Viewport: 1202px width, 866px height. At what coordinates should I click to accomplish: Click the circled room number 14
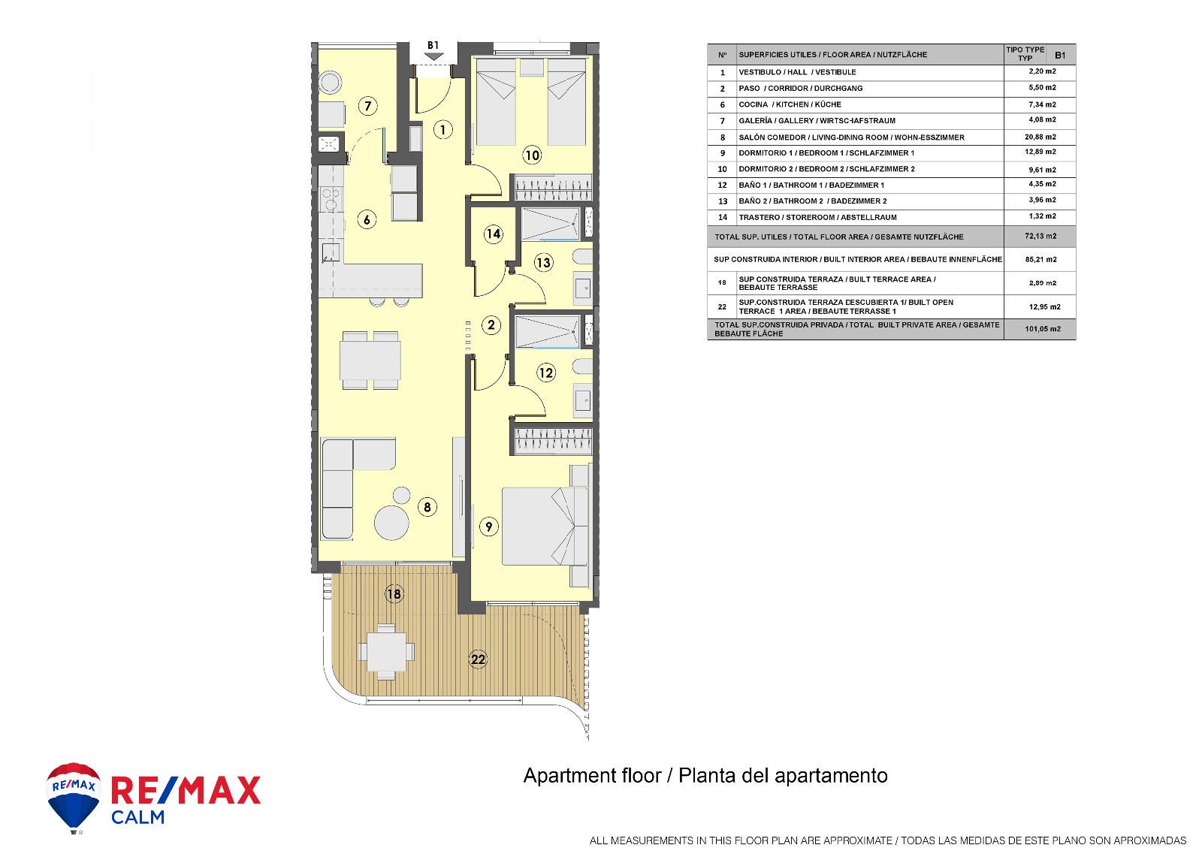pos(493,234)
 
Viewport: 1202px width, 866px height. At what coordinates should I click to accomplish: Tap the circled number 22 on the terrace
pos(478,659)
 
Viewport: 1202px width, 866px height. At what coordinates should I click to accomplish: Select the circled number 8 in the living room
pos(427,507)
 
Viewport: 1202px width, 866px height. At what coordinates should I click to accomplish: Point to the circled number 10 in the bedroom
pos(532,155)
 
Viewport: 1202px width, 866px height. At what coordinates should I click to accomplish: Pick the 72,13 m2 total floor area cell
pos(1040,236)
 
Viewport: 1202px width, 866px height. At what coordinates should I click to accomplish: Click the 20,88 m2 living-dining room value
pos(1040,137)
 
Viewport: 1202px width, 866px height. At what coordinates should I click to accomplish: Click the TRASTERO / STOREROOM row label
pos(817,217)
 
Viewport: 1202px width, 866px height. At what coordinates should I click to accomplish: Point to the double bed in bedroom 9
pos(545,526)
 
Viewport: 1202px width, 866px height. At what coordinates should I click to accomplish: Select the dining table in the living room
pos(370,361)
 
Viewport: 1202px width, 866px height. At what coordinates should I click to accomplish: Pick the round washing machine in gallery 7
pos(330,83)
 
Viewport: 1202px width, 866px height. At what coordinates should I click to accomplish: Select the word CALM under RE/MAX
pos(138,817)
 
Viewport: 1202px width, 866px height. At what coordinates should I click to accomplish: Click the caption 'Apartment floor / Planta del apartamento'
pos(705,776)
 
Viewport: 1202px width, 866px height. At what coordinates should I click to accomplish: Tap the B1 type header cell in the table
pos(1060,55)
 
